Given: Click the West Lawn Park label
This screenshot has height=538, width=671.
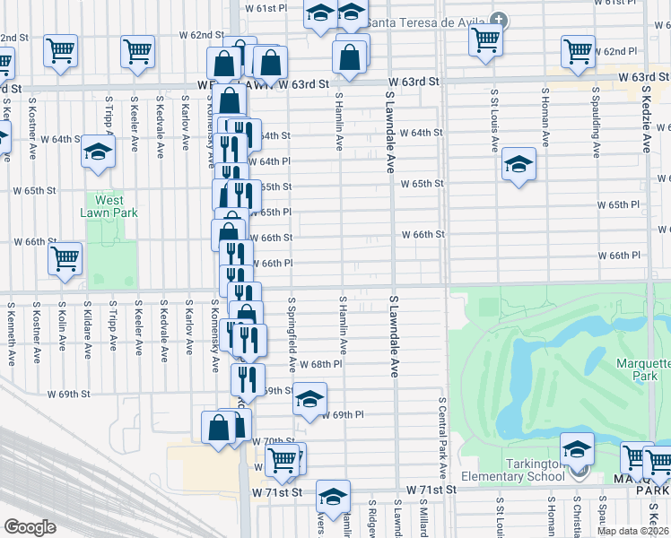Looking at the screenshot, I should [110, 207].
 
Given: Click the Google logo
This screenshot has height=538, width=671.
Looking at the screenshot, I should [30, 527].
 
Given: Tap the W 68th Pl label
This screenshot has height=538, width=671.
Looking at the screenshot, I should [327, 364].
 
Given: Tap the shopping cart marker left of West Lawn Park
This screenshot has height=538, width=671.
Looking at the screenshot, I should [65, 260].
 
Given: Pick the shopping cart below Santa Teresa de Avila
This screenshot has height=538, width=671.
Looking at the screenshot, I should [485, 39].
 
